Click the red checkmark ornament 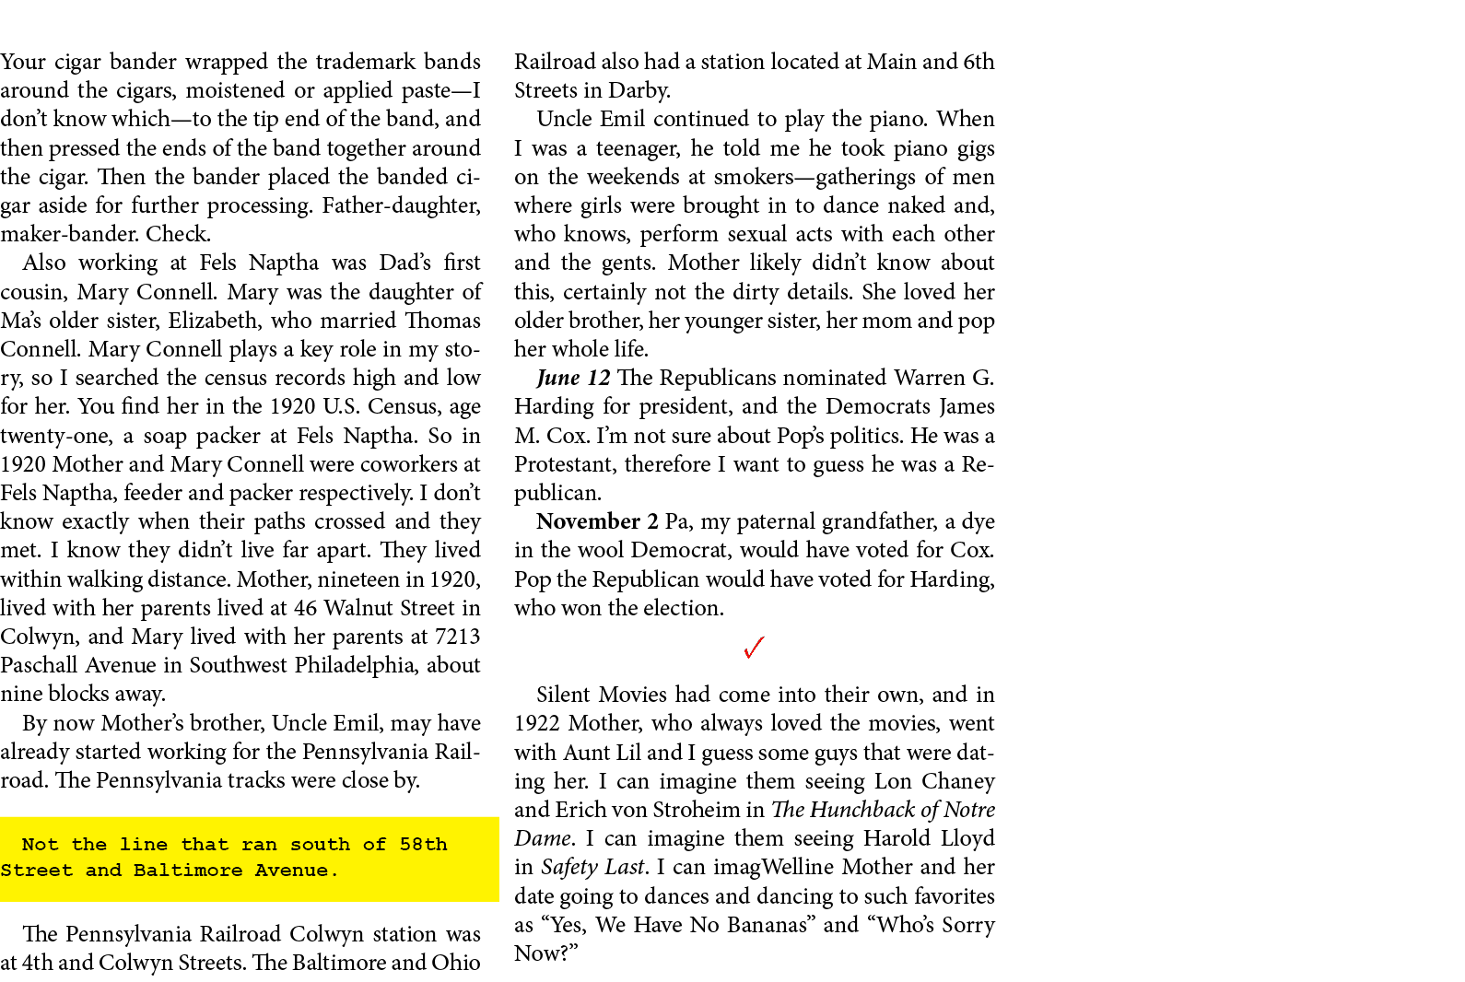753,649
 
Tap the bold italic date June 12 573,378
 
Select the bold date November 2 597,521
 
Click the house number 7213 457,637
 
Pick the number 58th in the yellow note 423,845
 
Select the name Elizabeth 213,321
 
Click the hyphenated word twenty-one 54,436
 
